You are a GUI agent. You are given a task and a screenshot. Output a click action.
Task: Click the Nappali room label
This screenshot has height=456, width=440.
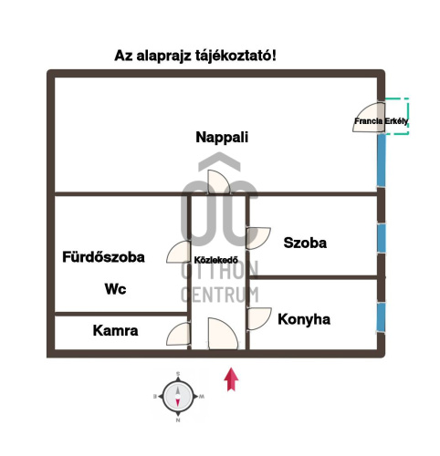(222, 138)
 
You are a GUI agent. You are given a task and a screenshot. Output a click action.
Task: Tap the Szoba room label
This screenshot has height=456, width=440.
(305, 243)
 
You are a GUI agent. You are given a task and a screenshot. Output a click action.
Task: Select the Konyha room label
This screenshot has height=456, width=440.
(304, 319)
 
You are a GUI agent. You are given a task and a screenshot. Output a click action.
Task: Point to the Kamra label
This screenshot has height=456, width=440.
(115, 330)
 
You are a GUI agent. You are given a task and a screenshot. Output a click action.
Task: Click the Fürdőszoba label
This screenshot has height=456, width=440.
(103, 257)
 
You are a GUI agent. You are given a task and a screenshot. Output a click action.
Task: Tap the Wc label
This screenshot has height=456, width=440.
(115, 289)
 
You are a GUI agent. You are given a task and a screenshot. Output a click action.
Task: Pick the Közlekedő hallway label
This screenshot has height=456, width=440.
(216, 260)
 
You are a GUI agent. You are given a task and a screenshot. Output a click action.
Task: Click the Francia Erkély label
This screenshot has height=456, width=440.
(381, 121)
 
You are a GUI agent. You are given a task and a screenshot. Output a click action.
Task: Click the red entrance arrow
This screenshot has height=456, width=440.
(231, 379)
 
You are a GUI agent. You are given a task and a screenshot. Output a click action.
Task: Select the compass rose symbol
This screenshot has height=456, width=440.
(178, 397)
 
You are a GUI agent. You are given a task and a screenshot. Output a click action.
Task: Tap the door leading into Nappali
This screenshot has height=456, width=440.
(219, 182)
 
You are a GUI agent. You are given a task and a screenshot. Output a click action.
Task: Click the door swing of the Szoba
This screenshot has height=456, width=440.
(258, 238)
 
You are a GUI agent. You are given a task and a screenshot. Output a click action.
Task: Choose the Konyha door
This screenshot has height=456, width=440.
(259, 318)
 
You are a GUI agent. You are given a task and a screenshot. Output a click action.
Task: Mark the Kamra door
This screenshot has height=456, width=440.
(179, 334)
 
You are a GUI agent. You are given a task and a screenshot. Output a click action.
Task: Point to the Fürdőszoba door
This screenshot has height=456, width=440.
(179, 252)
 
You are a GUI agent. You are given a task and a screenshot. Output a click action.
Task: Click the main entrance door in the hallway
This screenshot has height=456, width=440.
(223, 334)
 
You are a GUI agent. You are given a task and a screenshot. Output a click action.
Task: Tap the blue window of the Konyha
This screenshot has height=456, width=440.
(381, 317)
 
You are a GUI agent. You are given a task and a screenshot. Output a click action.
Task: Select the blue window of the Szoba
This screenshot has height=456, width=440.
(382, 238)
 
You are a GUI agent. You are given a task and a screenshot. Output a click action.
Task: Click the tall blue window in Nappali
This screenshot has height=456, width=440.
(382, 161)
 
